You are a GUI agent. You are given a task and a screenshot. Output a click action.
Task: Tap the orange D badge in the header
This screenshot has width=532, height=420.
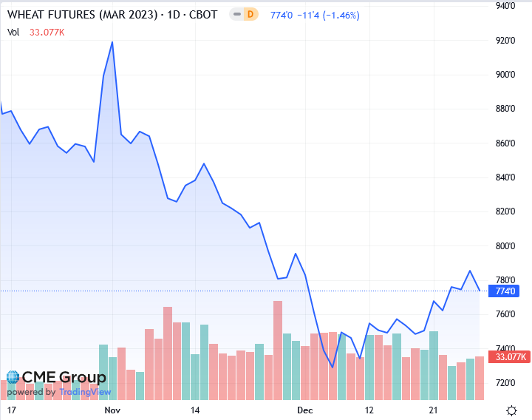[250, 14]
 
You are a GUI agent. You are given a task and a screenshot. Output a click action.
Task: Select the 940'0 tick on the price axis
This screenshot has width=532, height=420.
[506, 6]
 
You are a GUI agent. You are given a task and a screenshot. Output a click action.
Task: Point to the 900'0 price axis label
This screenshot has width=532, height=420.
[506, 74]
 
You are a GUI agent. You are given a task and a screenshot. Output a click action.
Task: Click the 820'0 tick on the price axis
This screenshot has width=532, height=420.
[506, 211]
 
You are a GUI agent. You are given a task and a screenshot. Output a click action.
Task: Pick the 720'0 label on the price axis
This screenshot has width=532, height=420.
[506, 382]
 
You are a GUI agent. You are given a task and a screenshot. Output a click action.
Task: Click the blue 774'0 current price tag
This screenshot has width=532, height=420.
[506, 291]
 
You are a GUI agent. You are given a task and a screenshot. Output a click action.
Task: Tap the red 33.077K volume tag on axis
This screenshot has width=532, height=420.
[511, 357]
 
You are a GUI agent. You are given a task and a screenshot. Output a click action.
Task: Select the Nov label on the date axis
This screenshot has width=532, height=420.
[112, 409]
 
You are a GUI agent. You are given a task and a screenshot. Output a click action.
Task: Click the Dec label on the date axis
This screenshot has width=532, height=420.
[305, 409]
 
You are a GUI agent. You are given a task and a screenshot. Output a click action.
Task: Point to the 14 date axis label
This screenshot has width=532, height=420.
[195, 409]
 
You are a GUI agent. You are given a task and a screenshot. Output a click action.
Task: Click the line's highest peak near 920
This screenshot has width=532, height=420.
[112, 42]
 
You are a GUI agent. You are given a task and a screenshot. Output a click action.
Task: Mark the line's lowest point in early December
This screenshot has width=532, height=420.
[332, 367]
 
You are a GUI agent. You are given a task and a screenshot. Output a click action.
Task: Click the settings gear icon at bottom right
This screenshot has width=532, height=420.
[511, 410]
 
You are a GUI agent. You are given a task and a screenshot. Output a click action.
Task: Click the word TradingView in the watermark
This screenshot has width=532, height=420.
[85, 392]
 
